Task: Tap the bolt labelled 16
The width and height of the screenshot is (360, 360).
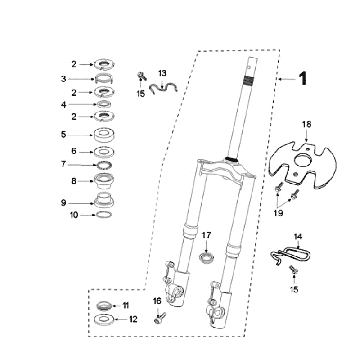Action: [160, 320]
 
